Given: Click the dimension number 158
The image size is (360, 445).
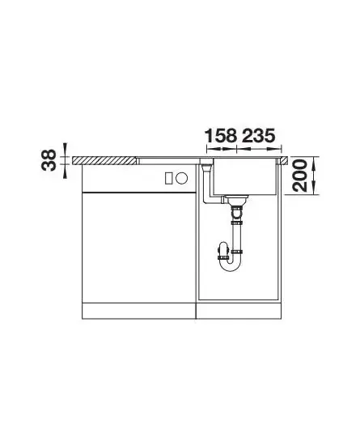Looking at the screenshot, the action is click(221, 136).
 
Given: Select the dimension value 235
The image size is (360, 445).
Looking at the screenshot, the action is click(258, 136).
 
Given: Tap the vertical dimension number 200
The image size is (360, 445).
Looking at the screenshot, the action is click(300, 176).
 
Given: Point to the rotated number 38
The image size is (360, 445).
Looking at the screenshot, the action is click(49, 160).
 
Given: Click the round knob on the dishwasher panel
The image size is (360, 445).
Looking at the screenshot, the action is click(181, 178).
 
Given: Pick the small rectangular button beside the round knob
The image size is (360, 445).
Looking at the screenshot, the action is click(168, 178).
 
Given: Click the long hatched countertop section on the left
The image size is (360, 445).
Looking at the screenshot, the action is click(104, 160).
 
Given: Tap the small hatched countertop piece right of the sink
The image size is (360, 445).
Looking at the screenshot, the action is click(285, 160).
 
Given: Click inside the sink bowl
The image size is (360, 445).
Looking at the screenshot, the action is click(244, 176).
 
